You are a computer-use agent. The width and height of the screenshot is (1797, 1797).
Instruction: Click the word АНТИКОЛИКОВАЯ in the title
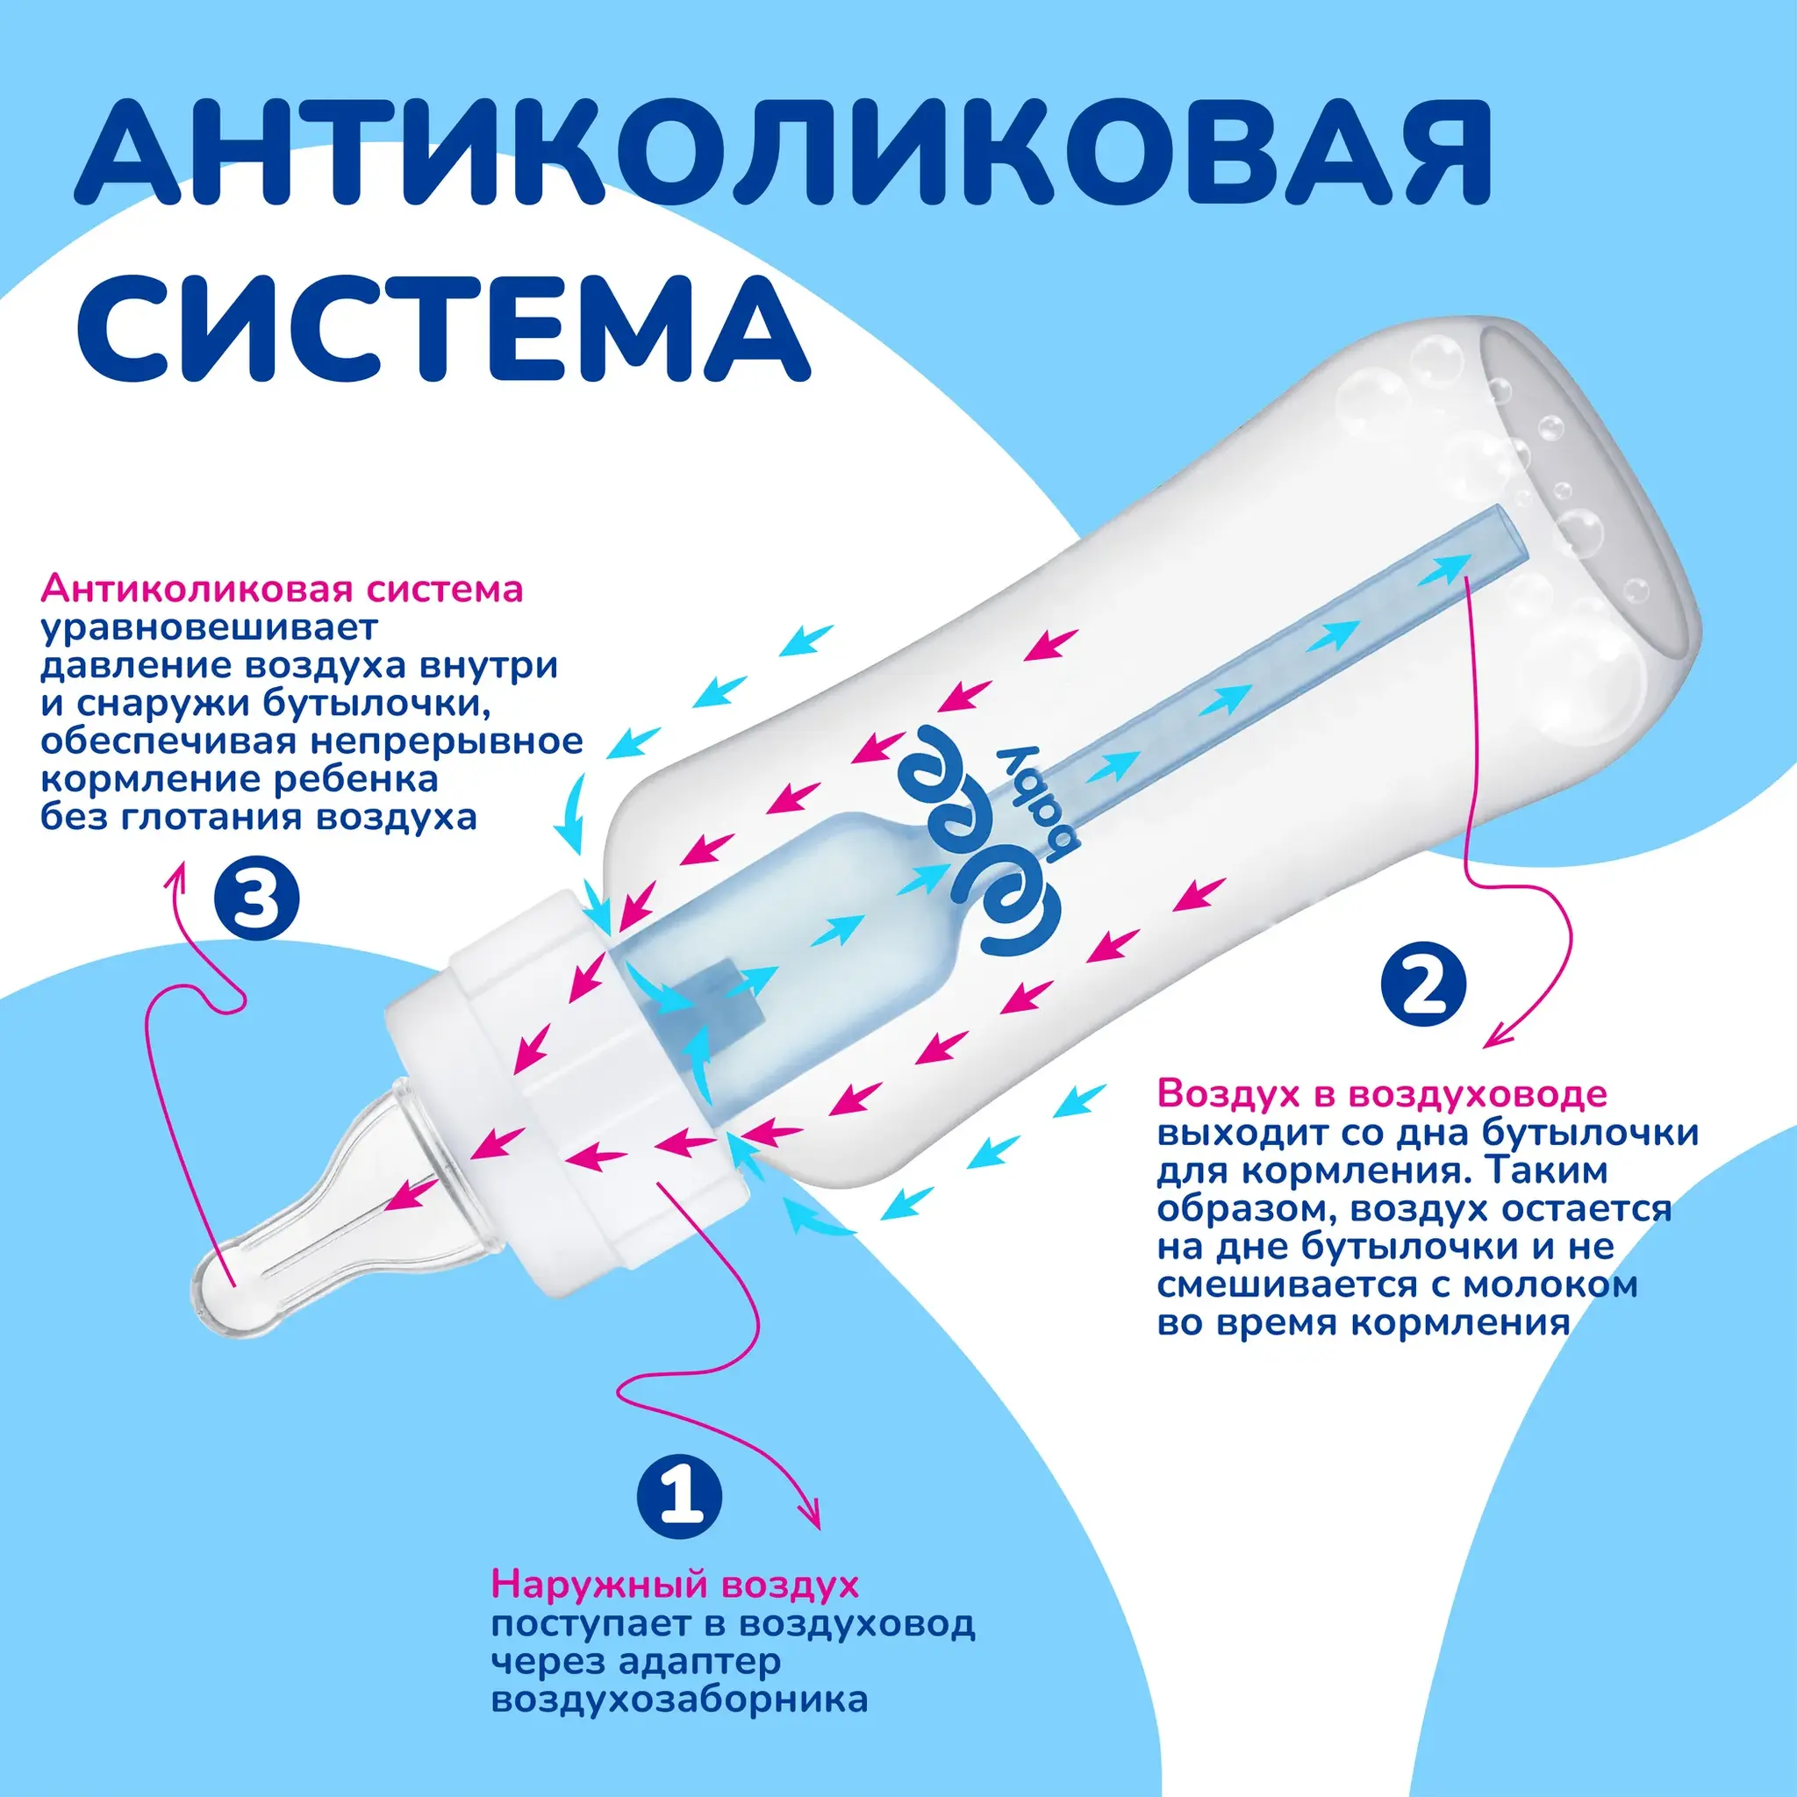(784, 150)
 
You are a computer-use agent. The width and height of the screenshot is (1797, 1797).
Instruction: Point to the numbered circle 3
(257, 898)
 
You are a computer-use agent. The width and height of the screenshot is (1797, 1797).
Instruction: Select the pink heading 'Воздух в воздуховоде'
(1381, 1094)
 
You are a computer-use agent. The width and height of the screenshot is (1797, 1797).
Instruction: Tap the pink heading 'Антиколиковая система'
(282, 590)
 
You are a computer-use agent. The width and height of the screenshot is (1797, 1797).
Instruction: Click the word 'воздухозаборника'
(680, 1700)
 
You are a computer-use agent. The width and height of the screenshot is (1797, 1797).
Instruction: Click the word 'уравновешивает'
(210, 629)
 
